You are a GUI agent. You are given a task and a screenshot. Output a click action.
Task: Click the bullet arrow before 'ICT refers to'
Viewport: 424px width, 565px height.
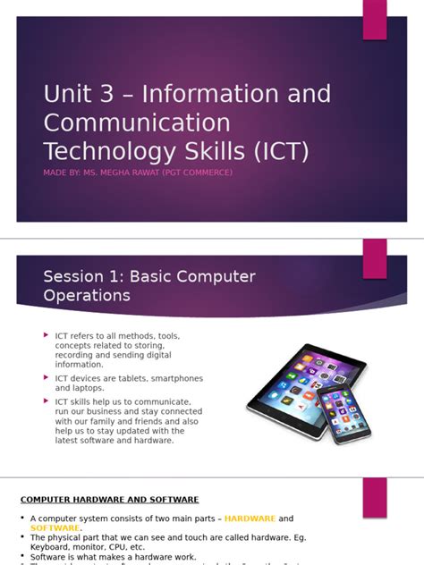coord(47,335)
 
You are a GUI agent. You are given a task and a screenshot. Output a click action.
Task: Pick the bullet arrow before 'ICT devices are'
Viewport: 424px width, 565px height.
coord(47,377)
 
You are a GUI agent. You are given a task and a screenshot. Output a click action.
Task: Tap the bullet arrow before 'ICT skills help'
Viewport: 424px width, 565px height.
coord(47,401)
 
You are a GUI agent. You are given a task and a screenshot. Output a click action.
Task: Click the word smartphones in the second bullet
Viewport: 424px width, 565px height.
coord(177,378)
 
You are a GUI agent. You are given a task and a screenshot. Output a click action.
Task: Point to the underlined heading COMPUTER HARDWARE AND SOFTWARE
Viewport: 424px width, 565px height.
coord(110,500)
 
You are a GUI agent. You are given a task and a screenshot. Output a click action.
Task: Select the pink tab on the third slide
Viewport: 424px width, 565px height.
coord(375,497)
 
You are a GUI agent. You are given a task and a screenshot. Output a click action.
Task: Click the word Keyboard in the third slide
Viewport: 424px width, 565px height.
coord(51,547)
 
